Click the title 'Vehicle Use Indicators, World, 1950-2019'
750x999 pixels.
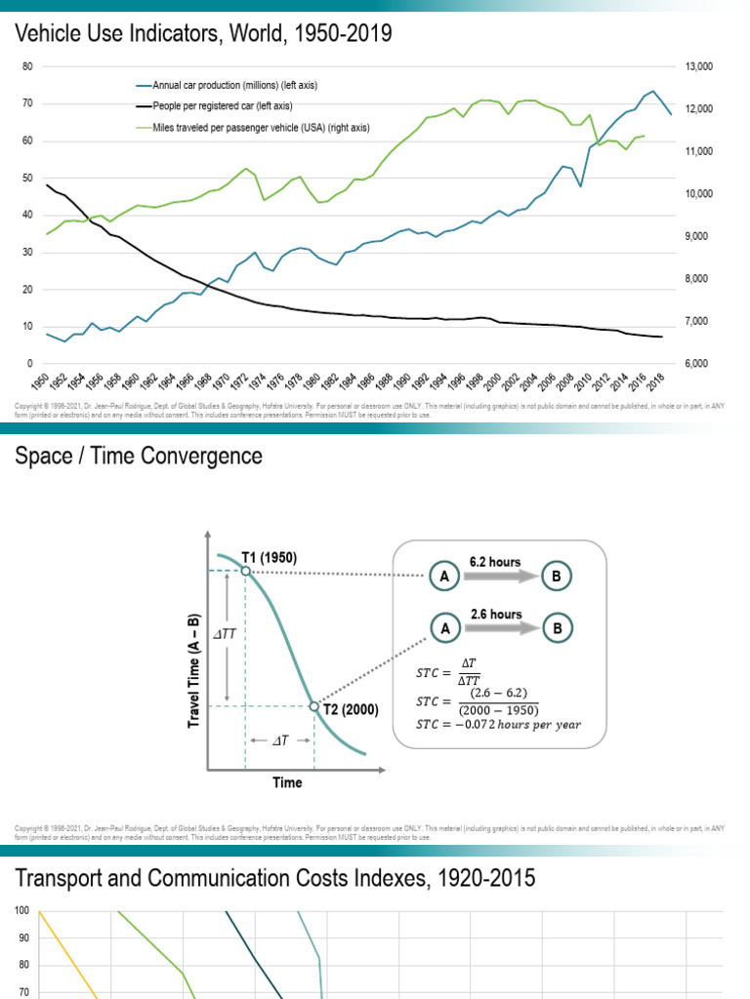tap(203, 34)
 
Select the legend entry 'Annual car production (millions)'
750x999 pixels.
tap(234, 86)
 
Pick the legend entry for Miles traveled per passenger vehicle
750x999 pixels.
tap(261, 128)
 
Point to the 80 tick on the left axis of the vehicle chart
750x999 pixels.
tap(27, 66)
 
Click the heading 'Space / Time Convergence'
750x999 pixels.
tap(139, 456)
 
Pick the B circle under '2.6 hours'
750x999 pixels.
tap(557, 629)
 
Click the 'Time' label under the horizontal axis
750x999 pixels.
tap(286, 782)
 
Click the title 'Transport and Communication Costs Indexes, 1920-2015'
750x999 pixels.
tap(275, 878)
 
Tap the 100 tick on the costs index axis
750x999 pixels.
tap(21, 911)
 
